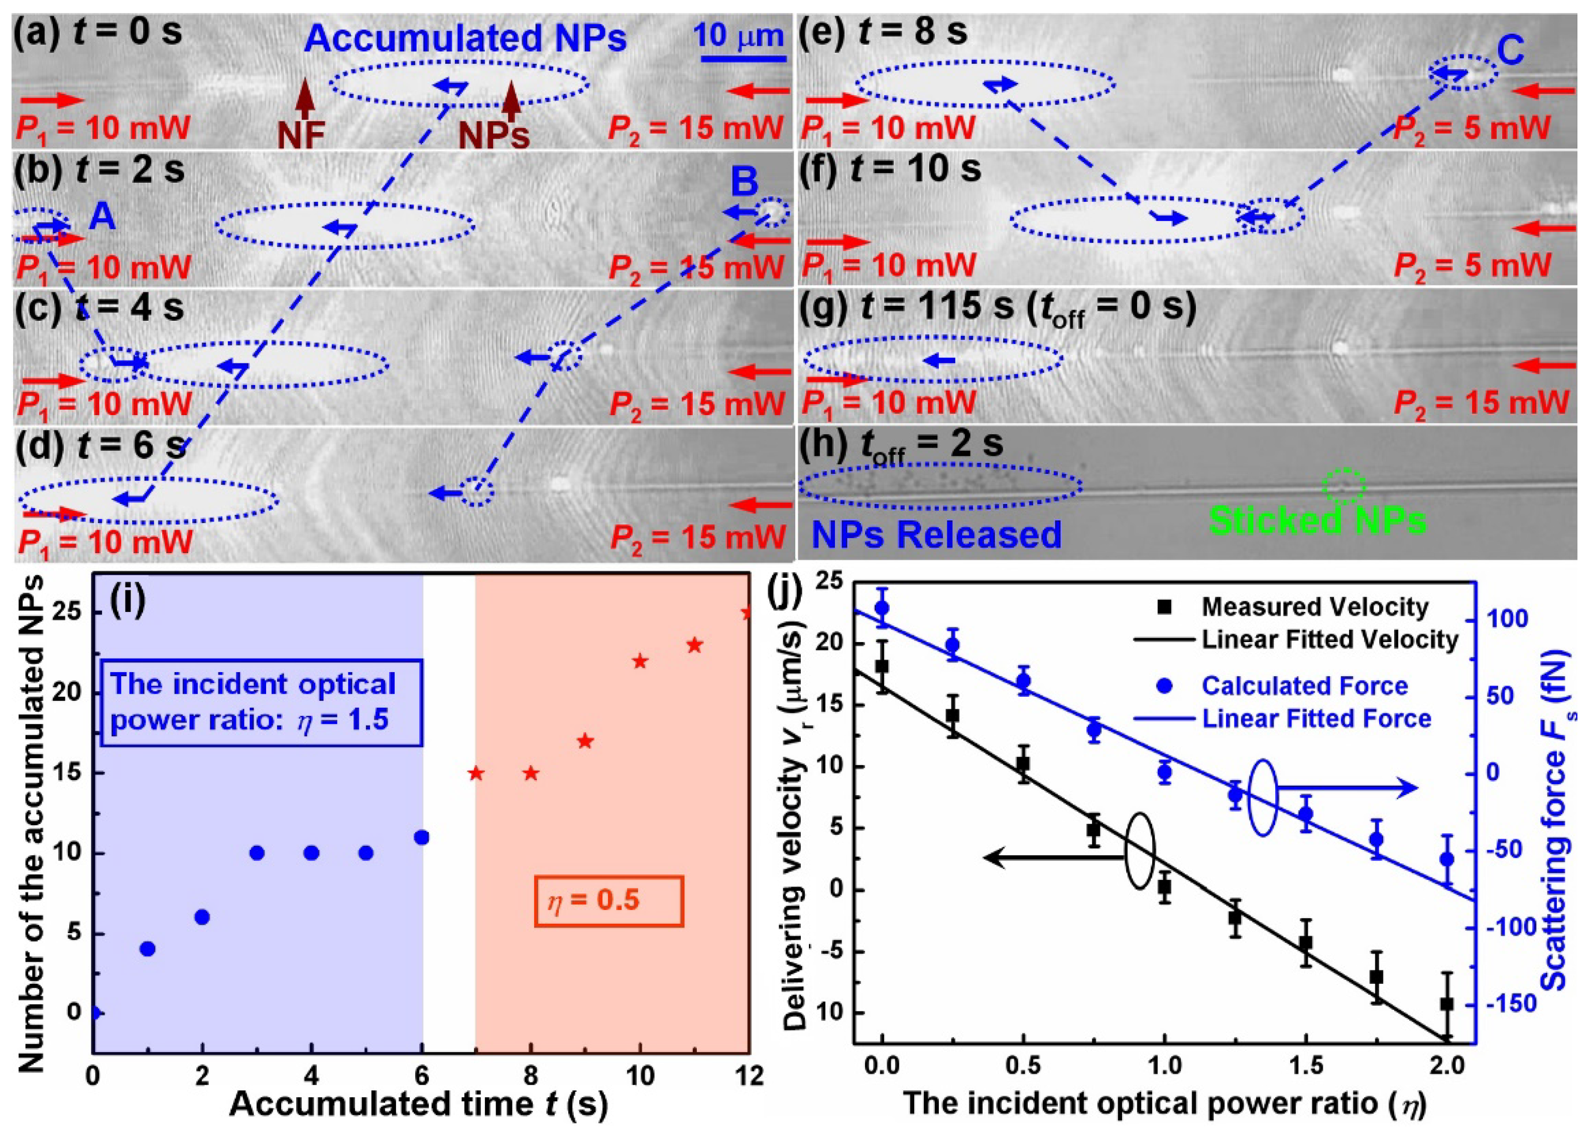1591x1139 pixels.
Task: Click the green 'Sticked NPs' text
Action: (1317, 521)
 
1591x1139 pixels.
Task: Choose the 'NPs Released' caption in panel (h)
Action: (936, 535)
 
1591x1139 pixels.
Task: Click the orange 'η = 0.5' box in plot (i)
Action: (608, 901)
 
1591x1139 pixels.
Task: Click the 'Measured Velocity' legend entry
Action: (1314, 607)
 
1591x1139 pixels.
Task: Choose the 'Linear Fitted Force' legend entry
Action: (1316, 719)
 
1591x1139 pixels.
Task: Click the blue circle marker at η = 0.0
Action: (883, 608)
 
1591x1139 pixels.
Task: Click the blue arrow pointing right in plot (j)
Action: (1347, 788)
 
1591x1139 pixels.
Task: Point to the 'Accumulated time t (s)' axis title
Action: (418, 1104)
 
